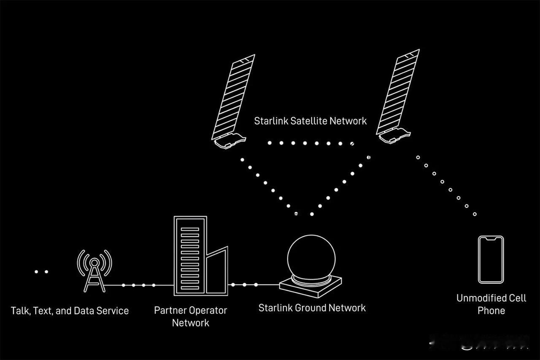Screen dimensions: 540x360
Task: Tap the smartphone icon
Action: click(x=491, y=259)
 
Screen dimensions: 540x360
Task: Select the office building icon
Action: click(x=190, y=255)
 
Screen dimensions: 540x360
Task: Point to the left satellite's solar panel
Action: click(x=233, y=97)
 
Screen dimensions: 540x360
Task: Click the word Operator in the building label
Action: click(x=208, y=311)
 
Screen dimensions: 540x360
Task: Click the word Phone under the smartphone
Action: click(x=491, y=311)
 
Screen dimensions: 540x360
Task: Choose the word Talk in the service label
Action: click(x=19, y=311)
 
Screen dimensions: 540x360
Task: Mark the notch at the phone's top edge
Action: click(x=491, y=239)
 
